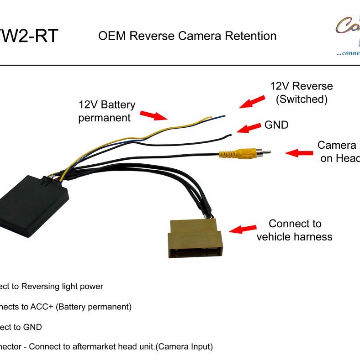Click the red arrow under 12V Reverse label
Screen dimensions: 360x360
[x=252, y=101]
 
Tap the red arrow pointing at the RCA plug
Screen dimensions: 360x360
[x=299, y=153]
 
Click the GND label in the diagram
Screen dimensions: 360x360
[x=276, y=125]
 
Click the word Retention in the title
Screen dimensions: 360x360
[x=253, y=36]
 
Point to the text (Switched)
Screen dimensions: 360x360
[x=302, y=99]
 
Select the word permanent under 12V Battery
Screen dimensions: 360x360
[x=105, y=118]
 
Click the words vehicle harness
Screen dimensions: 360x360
[x=294, y=236]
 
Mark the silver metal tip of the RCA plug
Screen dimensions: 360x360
[x=265, y=152]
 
